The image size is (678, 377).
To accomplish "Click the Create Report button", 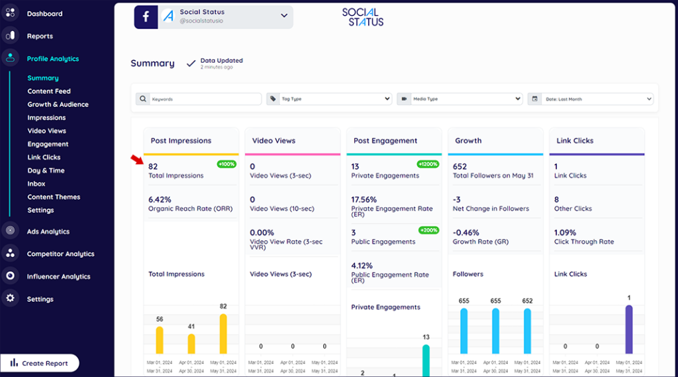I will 39,363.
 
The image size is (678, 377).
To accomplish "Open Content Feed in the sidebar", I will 49,91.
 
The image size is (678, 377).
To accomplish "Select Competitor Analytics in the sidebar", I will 60,254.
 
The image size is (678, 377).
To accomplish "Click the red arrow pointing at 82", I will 137,160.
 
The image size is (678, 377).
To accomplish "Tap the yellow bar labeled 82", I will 223,334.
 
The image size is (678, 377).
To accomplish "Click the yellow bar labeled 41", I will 191,344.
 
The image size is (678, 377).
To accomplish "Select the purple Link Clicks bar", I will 629,330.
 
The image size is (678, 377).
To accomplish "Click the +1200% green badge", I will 428,164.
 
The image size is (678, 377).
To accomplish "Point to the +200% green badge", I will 428,229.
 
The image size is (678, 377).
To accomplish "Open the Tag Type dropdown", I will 329,99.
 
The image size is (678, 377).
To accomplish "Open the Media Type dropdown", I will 459,99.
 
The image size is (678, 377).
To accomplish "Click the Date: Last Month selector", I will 590,99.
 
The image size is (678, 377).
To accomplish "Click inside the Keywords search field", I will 199,99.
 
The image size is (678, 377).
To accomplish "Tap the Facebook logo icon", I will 146,17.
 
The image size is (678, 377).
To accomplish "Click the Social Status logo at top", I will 363,17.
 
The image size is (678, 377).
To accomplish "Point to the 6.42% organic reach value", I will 159,200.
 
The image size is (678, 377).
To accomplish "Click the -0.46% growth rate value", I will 465,233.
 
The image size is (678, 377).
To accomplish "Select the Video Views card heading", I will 274,141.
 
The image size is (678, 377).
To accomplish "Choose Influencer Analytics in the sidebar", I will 58,277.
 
